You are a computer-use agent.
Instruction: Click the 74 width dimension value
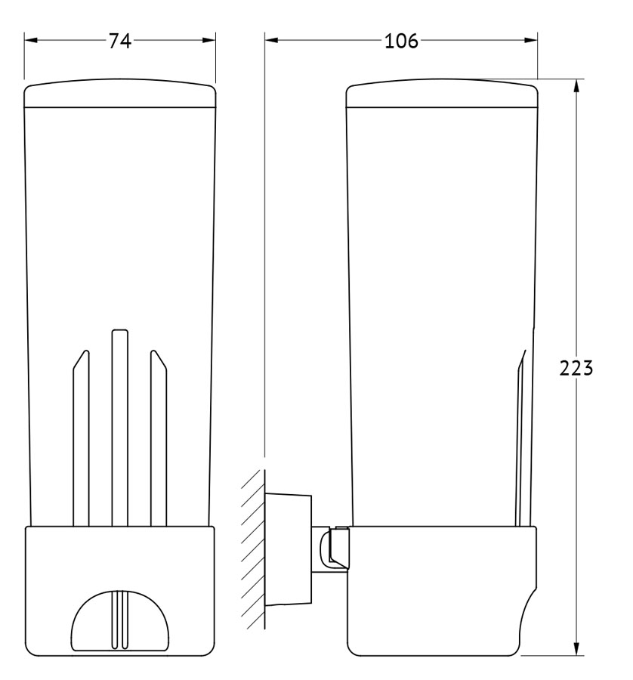pos(119,42)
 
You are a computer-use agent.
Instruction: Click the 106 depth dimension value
pos(401,42)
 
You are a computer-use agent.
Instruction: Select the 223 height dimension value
pos(576,368)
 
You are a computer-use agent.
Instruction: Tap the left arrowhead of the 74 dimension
pos(31,40)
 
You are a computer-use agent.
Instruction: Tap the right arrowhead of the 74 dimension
pos(208,40)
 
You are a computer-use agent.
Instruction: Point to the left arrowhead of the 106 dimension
pos(272,40)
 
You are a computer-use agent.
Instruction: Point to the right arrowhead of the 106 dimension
pos(531,40)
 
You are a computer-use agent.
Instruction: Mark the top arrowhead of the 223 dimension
pos(576,86)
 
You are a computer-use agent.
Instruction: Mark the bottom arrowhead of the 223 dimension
pos(576,648)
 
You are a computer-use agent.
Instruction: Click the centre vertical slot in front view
pos(119,428)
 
